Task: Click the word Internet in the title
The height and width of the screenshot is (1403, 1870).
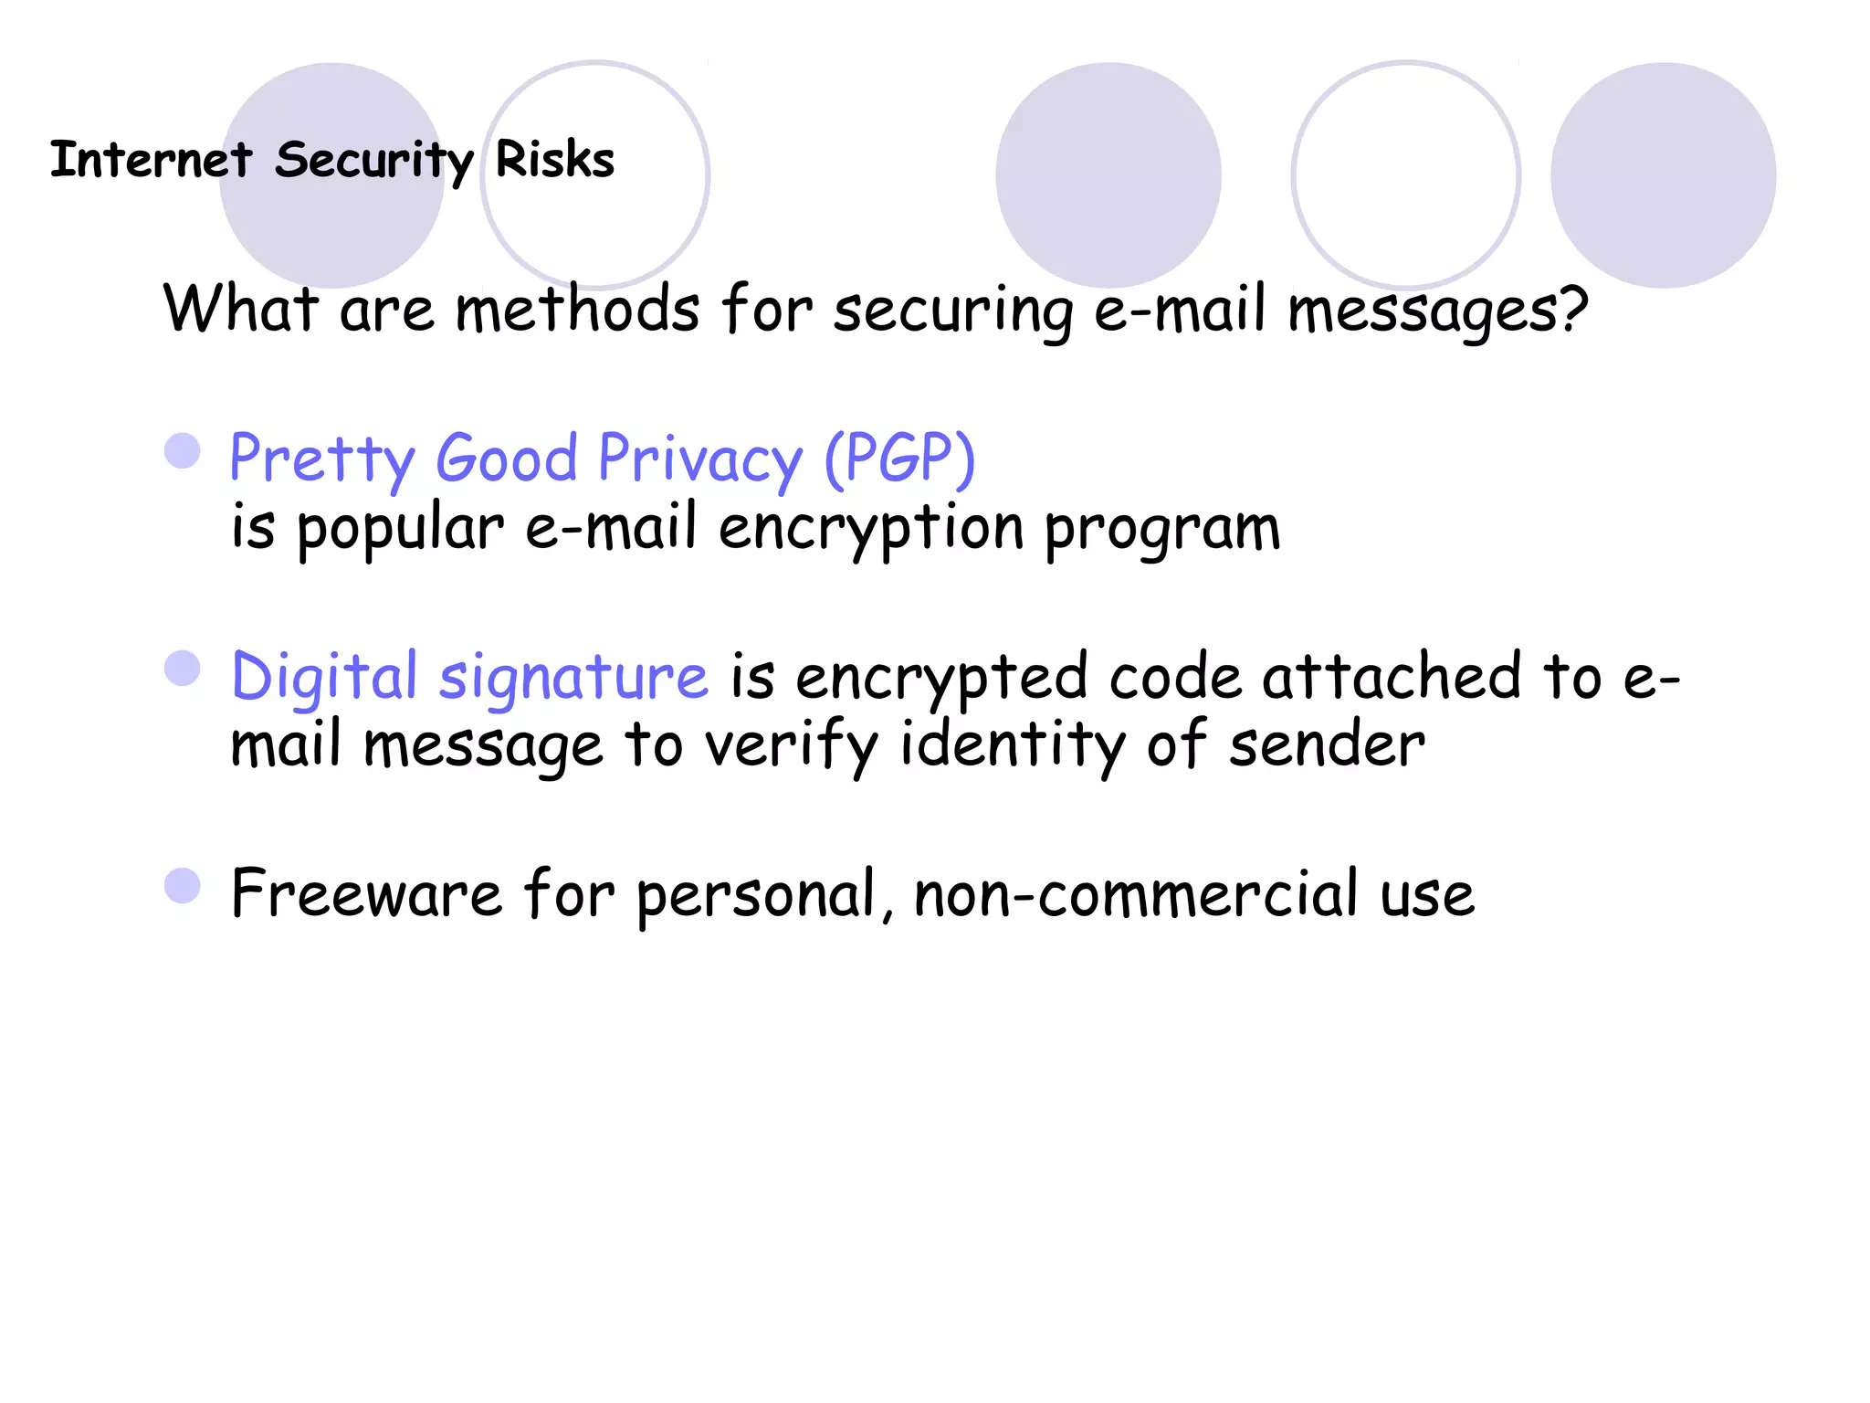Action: tap(151, 160)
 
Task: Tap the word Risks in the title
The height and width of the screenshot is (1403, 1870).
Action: tap(554, 160)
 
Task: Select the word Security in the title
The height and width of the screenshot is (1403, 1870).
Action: tap(373, 162)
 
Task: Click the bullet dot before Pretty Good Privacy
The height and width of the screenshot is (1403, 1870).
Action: tap(183, 450)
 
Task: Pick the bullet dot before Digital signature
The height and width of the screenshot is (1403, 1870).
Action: tap(183, 668)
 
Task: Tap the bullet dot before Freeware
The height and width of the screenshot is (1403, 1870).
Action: tap(183, 885)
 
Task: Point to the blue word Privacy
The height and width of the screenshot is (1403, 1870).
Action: tap(700, 459)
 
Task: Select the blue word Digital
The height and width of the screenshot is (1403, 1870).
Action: tap(324, 678)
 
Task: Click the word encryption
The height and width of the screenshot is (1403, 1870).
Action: tap(871, 530)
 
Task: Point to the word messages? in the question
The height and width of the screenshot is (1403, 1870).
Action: tap(1438, 311)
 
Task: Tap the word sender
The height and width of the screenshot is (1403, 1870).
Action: tap(1326, 744)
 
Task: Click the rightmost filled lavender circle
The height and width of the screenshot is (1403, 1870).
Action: tap(1663, 175)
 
